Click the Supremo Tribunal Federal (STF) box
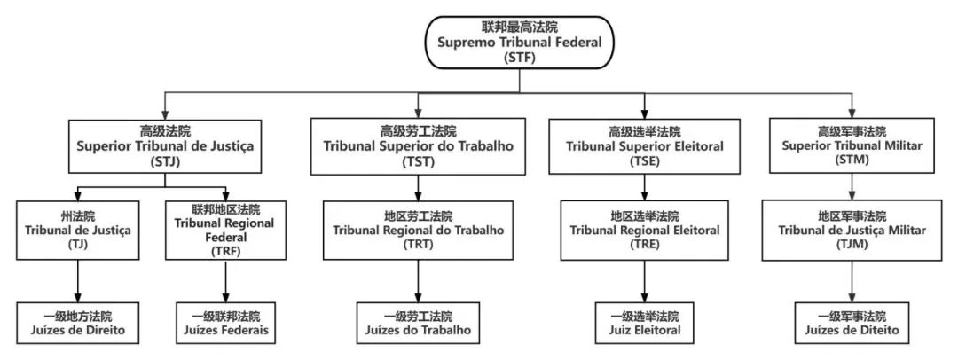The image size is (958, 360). (x=518, y=41)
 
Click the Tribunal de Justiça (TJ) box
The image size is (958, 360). (x=77, y=231)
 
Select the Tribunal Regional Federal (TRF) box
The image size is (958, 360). (x=225, y=231)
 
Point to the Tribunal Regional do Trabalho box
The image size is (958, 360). (x=418, y=231)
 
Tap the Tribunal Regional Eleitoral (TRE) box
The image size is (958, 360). (x=645, y=231)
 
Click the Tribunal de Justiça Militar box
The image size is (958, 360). (x=852, y=231)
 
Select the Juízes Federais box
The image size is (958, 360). (x=225, y=323)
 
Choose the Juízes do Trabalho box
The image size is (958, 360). (x=418, y=323)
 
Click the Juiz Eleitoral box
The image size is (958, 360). (x=645, y=323)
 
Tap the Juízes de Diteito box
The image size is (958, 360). (x=852, y=323)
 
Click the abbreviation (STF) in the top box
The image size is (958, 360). (x=518, y=59)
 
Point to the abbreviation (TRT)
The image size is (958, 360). (x=418, y=245)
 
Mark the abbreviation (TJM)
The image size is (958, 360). (x=852, y=245)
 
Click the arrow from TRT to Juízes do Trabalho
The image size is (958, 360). (x=418, y=280)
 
